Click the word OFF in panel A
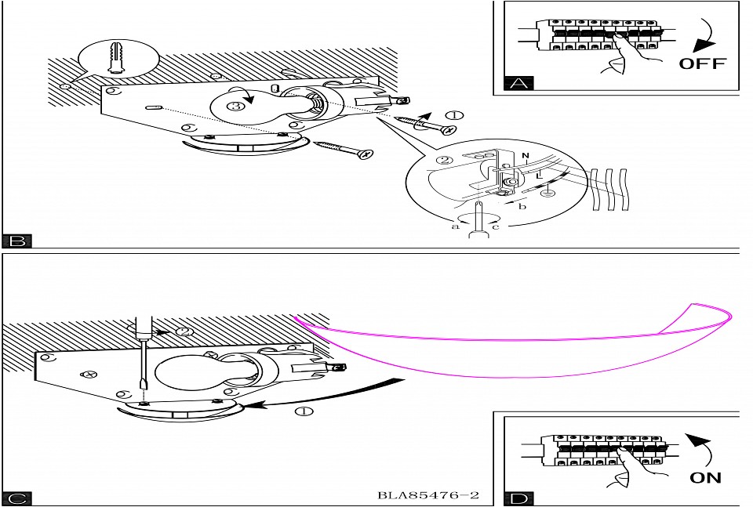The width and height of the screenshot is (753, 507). (702, 63)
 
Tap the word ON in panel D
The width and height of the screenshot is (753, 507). (705, 477)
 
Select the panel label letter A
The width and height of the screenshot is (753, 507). (516, 83)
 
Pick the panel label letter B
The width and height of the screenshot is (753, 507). (16, 241)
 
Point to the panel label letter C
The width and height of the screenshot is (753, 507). (16, 498)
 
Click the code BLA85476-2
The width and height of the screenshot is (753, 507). (427, 496)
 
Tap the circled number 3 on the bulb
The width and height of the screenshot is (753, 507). (232, 107)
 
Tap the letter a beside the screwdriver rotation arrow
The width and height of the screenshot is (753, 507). (455, 226)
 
